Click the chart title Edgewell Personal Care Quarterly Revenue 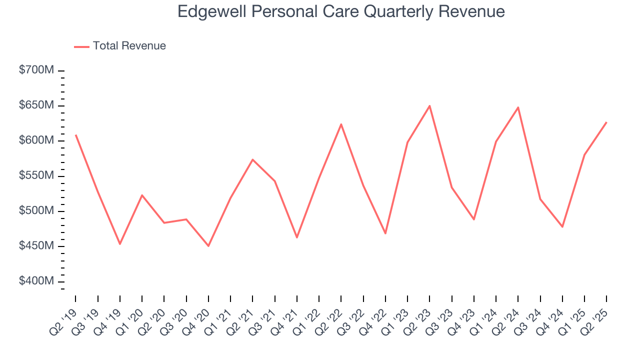pyautogui.click(x=341, y=11)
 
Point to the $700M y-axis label pyautogui.click(x=36, y=70)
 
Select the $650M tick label pyautogui.click(x=36, y=105)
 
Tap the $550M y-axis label pyautogui.click(x=36, y=176)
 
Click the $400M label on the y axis pyautogui.click(x=36, y=281)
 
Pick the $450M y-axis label pyautogui.click(x=36, y=246)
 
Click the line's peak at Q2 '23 pyautogui.click(x=429, y=105)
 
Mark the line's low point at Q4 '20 pyautogui.click(x=208, y=246)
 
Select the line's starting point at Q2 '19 pyautogui.click(x=76, y=135)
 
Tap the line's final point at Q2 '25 pyautogui.click(x=606, y=122)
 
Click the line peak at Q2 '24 pyautogui.click(x=518, y=107)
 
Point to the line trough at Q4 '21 pyautogui.click(x=297, y=237)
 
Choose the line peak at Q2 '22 pyautogui.click(x=341, y=124)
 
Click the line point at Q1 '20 pyautogui.click(x=142, y=195)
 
